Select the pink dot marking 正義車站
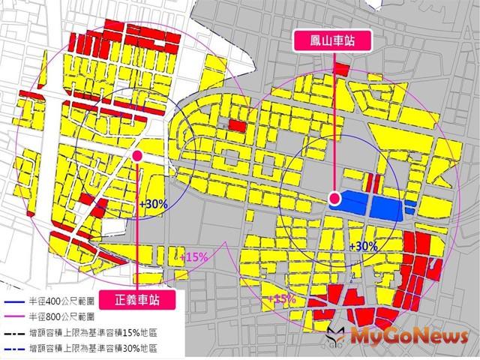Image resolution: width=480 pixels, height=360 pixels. pyautogui.click(x=138, y=154)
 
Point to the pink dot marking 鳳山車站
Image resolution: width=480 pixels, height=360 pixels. pyautogui.click(x=335, y=199)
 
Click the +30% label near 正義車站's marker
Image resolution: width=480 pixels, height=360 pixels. pyautogui.click(x=154, y=203)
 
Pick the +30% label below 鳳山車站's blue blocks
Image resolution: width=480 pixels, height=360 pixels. pyautogui.click(x=364, y=246)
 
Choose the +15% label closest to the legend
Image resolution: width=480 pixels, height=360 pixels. pyautogui.click(x=193, y=256)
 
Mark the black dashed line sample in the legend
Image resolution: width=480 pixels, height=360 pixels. pyautogui.click(x=12, y=331)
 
